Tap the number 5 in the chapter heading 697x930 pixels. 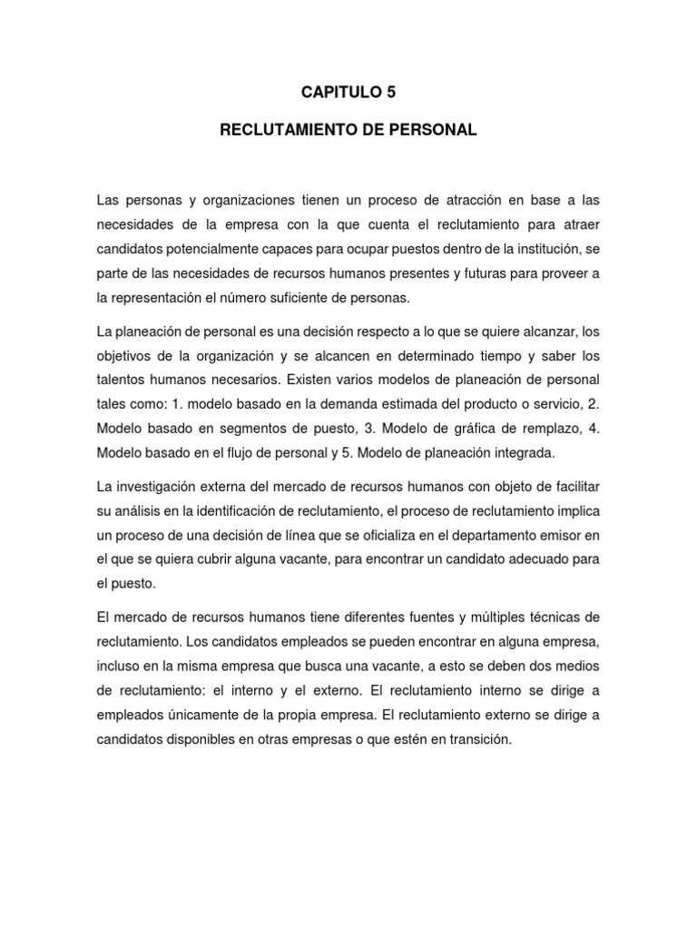click(x=391, y=92)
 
